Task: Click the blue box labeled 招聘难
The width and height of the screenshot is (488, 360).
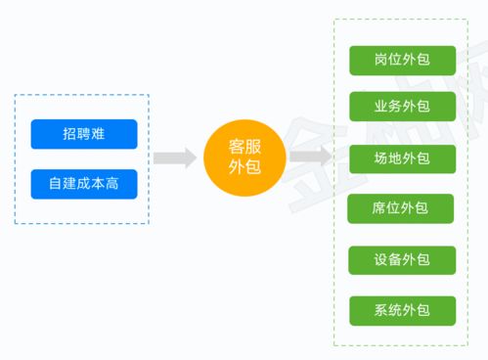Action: tap(84, 134)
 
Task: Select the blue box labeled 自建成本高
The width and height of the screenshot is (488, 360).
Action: tap(84, 184)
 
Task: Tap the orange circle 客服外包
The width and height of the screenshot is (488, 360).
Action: tap(244, 157)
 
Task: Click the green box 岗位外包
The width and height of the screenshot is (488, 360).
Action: tap(402, 60)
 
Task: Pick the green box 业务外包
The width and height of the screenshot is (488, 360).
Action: tap(402, 107)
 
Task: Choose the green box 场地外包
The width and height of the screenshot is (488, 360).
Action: tap(402, 158)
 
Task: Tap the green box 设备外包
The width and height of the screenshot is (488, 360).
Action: tap(402, 260)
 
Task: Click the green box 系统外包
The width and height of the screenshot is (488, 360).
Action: tap(402, 311)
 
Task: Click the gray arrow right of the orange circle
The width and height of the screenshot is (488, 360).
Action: tap(311, 157)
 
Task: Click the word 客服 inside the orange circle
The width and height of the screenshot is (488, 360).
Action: tap(244, 146)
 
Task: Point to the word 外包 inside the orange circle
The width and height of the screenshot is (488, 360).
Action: tap(244, 168)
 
